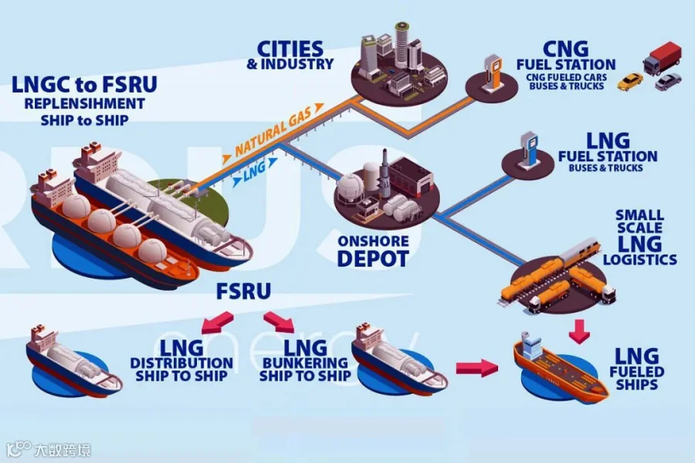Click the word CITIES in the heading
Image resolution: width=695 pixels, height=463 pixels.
tap(290, 49)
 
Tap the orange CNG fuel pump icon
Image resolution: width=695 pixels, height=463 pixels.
tap(493, 73)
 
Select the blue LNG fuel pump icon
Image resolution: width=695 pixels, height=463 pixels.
tap(528, 149)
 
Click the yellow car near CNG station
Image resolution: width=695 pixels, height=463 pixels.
tap(630, 82)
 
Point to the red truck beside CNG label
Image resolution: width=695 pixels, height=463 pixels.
tap(662, 58)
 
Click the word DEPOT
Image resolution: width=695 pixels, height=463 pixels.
tap(373, 259)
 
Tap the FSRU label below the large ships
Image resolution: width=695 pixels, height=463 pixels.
tap(243, 291)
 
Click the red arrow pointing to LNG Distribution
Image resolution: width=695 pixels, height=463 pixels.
tap(217, 322)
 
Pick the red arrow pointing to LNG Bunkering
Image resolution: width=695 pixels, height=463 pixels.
tap(279, 322)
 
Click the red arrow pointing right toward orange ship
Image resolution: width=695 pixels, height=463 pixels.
tap(477, 367)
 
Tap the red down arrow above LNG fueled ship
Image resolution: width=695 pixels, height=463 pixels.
tap(579, 331)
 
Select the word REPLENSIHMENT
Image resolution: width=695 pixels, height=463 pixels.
tap(85, 103)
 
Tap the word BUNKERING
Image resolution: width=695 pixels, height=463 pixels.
tap(305, 363)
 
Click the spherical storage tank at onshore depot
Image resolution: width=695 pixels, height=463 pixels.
tap(351, 185)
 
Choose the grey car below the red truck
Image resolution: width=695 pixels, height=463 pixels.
tap(668, 82)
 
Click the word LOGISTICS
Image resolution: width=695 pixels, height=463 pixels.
tap(640, 259)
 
